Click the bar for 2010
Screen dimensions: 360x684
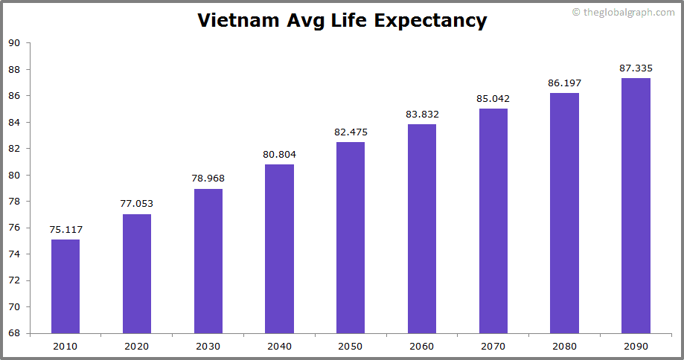click(65, 286)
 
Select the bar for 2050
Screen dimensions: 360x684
click(351, 237)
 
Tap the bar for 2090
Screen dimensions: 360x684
click(636, 205)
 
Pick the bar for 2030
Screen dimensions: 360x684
click(208, 261)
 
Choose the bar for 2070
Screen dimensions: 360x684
click(493, 221)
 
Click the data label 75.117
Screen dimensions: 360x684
click(65, 230)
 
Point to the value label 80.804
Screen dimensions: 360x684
click(279, 155)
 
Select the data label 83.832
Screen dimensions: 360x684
click(422, 115)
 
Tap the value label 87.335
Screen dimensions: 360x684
click(636, 68)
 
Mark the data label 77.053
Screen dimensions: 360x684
click(137, 204)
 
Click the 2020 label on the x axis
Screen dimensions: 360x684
click(137, 346)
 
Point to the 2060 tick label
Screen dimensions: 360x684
click(422, 346)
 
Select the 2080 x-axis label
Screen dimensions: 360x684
click(564, 346)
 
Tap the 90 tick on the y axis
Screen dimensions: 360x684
click(14, 43)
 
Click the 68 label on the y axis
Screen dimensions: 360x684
click(14, 333)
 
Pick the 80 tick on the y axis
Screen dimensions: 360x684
click(14, 175)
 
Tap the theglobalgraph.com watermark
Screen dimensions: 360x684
click(623, 13)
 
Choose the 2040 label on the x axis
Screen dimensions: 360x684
click(279, 346)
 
